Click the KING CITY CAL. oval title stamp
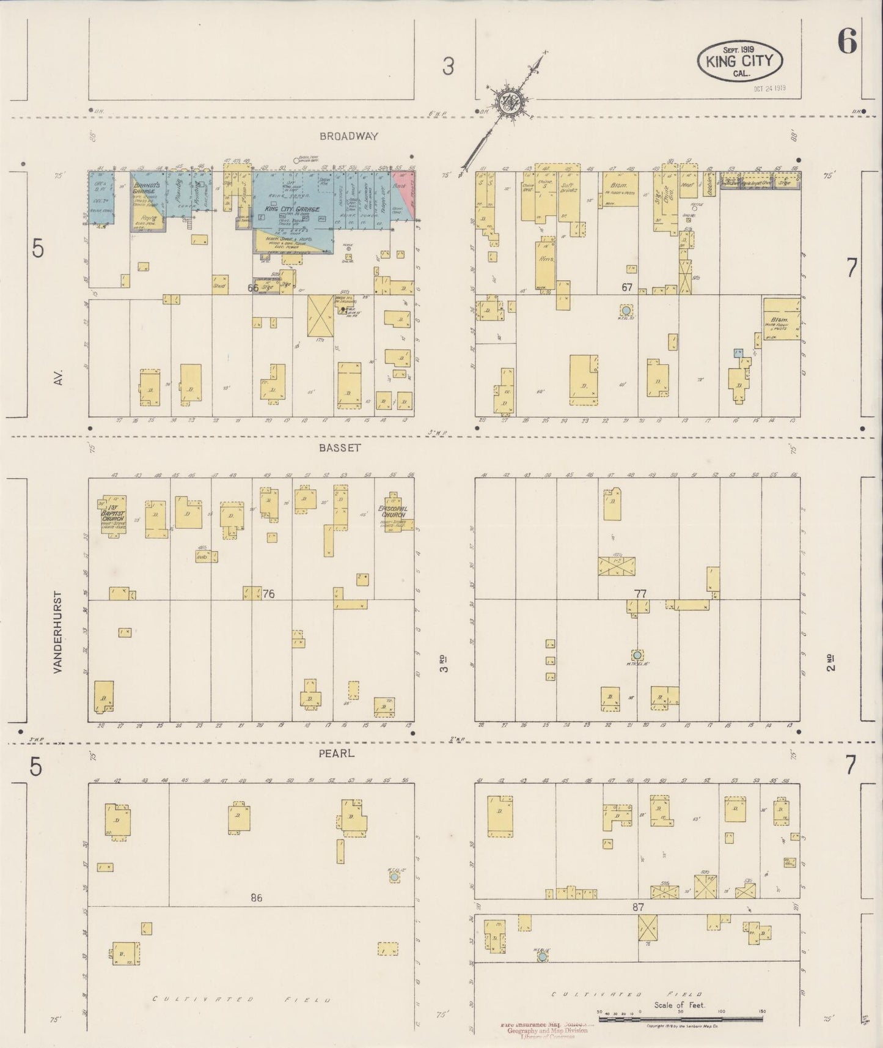point(740,61)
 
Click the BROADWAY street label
point(348,136)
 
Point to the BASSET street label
point(340,448)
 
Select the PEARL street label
point(337,754)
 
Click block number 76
point(268,594)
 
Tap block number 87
point(638,908)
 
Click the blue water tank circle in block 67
point(625,310)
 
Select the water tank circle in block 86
point(395,877)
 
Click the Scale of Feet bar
point(680,1020)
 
